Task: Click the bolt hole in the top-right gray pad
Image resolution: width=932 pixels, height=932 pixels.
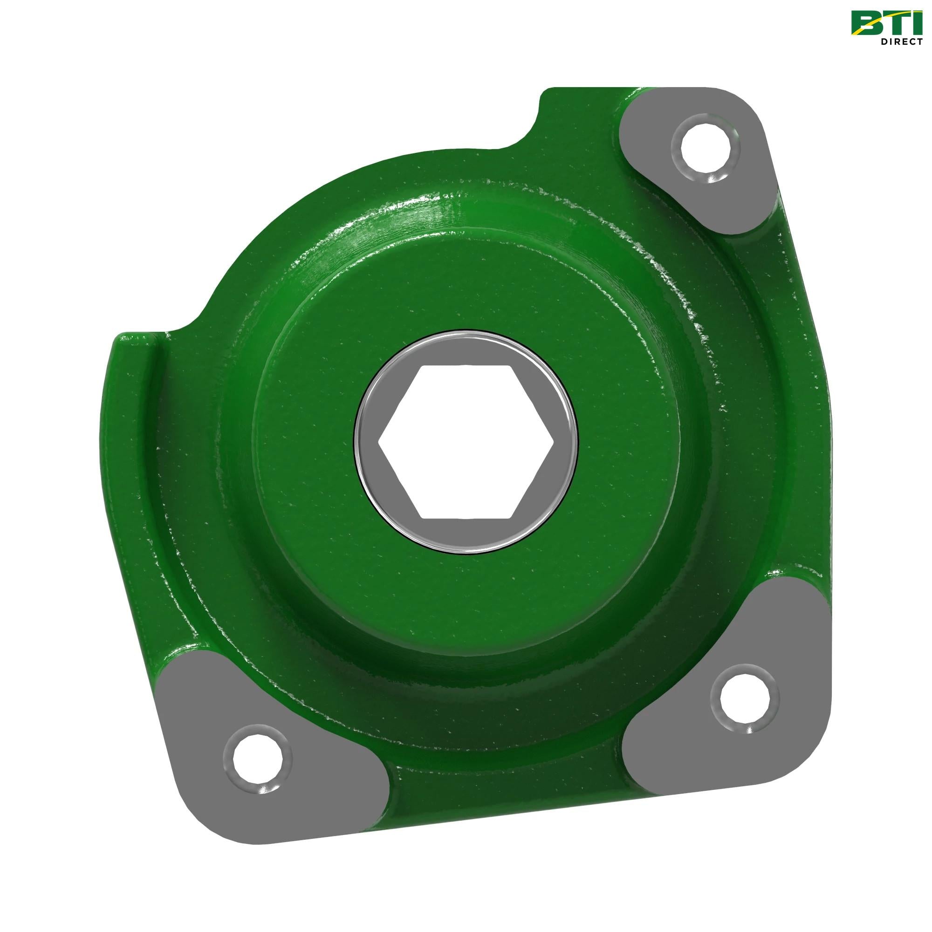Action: tap(702, 149)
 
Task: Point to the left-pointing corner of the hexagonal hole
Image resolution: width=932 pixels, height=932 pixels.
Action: tap(380, 441)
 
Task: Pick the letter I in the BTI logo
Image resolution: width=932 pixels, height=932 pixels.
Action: tap(915, 22)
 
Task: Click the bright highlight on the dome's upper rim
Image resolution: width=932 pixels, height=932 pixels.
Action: tap(434, 212)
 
